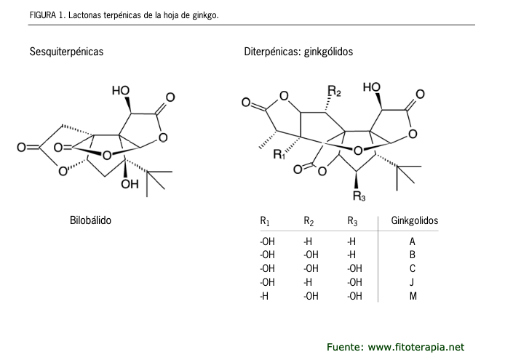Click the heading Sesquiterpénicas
(66, 52)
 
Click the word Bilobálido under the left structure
(90, 220)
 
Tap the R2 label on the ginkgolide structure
(334, 91)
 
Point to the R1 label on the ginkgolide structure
(279, 154)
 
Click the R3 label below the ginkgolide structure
(359, 196)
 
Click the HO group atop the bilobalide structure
(121, 91)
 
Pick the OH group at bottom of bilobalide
(130, 184)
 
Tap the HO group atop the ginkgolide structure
(371, 88)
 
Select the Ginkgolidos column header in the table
(415, 220)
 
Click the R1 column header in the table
(265, 220)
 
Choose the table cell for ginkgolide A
(413, 241)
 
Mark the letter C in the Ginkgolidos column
(413, 268)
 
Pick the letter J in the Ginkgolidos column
(413, 282)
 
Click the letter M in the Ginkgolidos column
(413, 296)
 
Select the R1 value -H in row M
(264, 296)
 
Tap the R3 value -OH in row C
(355, 268)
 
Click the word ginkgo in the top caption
(204, 14)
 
